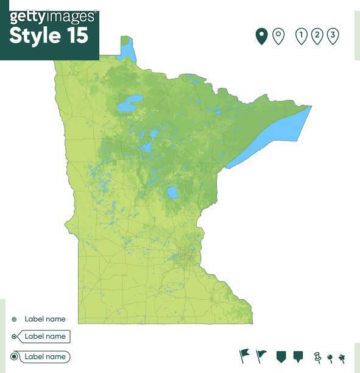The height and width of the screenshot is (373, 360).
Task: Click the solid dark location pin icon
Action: click(x=261, y=36)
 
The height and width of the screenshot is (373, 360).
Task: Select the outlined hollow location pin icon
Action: click(x=278, y=36)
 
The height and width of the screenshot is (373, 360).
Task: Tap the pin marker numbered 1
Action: click(x=301, y=36)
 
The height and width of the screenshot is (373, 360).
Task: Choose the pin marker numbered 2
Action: click(x=317, y=36)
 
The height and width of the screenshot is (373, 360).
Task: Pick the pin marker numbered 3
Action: click(x=333, y=36)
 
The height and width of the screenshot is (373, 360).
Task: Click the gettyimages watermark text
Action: click(x=52, y=16)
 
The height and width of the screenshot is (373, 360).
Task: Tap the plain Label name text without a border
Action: click(x=45, y=319)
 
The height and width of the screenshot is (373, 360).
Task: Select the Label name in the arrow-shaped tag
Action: click(x=45, y=336)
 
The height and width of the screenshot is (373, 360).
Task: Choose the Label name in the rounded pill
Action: click(x=45, y=357)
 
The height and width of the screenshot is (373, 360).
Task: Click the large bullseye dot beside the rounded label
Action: click(x=14, y=357)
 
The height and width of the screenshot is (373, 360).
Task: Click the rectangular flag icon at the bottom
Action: click(x=244, y=355)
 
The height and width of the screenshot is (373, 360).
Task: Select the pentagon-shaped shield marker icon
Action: click(x=281, y=357)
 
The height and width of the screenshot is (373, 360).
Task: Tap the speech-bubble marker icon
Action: click(x=298, y=356)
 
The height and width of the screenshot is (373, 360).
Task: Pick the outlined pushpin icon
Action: click(x=317, y=357)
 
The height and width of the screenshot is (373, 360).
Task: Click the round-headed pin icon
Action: click(x=330, y=358)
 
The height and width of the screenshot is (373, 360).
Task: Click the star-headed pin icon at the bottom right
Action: click(x=342, y=357)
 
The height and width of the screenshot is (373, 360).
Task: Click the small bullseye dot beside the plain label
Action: click(x=14, y=319)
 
